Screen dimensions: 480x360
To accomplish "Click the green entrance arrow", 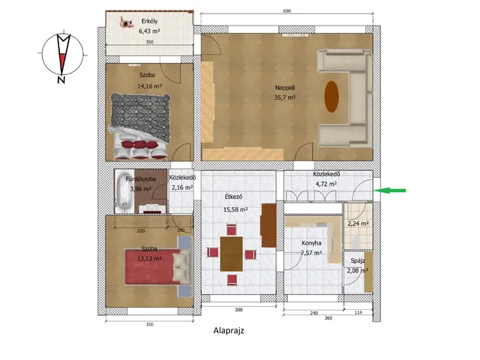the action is (390, 190).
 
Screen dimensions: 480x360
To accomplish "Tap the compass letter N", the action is (61, 80).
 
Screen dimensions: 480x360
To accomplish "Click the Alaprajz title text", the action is (229, 331).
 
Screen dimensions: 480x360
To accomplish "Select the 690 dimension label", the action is (286, 11).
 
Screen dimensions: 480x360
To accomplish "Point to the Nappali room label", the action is (285, 88).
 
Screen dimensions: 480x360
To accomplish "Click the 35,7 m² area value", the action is (285, 97).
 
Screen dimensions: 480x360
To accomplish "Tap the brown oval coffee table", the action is (331, 97).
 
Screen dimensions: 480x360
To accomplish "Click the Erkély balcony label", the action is (149, 21).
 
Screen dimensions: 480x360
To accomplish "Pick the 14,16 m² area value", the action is (149, 86).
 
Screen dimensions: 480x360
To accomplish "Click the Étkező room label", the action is (233, 196).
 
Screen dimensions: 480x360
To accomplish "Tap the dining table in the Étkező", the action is (232, 253).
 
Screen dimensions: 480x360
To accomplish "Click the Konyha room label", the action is (311, 243).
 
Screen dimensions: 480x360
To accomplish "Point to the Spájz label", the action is (358, 261).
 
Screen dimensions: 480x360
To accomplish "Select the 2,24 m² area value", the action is (358, 223).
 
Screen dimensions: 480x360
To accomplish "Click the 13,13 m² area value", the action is (149, 259).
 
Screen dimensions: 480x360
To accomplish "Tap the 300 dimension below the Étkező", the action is (238, 310).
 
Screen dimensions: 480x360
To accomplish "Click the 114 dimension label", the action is (358, 313).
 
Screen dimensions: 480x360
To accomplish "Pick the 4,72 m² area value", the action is (326, 184).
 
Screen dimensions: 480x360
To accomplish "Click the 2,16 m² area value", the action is (182, 187).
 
